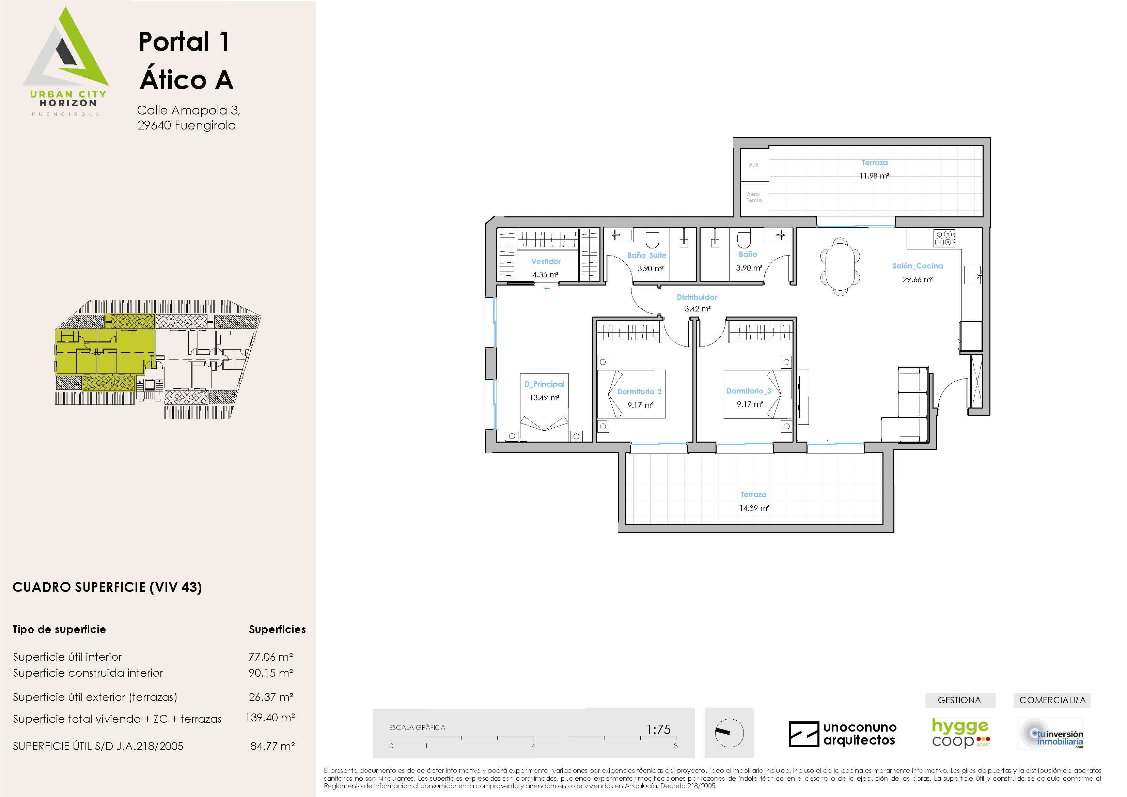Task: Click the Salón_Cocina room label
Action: (x=918, y=266)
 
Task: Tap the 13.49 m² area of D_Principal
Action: (x=544, y=398)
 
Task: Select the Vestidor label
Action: (x=546, y=262)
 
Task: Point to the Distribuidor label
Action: (x=697, y=297)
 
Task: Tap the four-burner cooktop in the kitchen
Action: (x=944, y=238)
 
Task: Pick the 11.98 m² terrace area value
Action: (x=874, y=176)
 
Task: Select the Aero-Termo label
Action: (x=754, y=197)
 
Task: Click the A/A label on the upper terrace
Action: (x=754, y=166)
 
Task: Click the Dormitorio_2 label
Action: (x=639, y=392)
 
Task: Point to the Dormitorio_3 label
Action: (x=749, y=391)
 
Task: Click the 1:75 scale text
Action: (x=658, y=729)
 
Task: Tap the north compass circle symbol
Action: (x=730, y=733)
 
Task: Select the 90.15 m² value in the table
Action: (x=270, y=673)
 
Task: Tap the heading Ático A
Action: (x=187, y=79)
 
